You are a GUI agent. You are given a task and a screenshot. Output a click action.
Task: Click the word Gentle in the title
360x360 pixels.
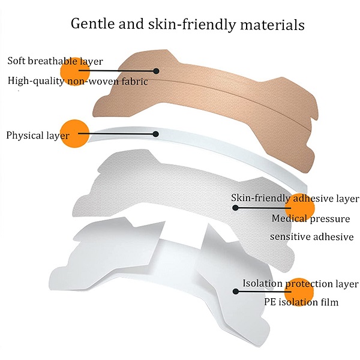(93, 24)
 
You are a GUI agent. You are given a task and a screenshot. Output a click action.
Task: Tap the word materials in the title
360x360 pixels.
(272, 25)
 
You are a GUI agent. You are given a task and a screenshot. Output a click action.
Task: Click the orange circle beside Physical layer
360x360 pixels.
(74, 133)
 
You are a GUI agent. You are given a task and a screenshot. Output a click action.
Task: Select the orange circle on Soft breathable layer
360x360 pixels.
(74, 71)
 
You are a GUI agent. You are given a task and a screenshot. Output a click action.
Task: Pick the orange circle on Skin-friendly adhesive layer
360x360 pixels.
(299, 208)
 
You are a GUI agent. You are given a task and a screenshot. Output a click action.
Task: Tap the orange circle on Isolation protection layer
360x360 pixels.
(299, 292)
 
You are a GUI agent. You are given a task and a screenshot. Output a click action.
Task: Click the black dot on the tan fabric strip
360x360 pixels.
(156, 71)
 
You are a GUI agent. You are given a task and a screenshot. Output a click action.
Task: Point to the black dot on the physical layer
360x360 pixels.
(155, 134)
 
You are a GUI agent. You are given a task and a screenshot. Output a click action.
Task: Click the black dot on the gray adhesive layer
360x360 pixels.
(235, 208)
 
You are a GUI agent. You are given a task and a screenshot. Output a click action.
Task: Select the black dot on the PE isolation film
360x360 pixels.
(236, 292)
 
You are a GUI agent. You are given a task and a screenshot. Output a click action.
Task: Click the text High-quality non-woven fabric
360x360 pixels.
(77, 82)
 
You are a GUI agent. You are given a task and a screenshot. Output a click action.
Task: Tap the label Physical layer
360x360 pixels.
(38, 136)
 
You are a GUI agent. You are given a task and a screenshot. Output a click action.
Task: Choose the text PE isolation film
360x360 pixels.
(301, 302)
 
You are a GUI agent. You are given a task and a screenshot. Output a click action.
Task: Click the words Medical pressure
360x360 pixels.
(311, 218)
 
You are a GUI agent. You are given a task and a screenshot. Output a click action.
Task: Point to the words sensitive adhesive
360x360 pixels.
(311, 237)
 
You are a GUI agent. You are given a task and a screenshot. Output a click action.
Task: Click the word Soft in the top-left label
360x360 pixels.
(16, 61)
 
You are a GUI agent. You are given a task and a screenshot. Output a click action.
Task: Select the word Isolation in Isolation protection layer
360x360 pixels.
(262, 284)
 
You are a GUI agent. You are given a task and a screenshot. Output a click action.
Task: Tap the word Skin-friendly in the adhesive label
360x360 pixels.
(260, 198)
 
